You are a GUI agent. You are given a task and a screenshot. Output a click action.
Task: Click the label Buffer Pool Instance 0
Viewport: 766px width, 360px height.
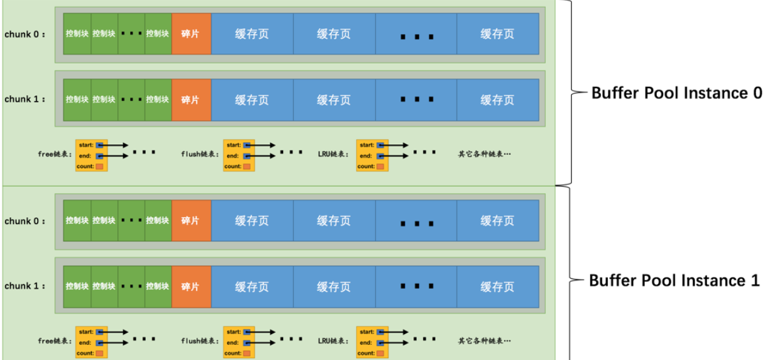(x=677, y=93)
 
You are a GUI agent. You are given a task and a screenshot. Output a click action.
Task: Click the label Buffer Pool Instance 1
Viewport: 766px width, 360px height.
(x=674, y=281)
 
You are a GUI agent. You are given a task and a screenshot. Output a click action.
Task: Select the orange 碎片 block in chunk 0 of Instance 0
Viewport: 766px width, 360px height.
(x=190, y=34)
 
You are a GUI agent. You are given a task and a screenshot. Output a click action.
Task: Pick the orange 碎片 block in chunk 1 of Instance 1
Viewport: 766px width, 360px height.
(x=190, y=286)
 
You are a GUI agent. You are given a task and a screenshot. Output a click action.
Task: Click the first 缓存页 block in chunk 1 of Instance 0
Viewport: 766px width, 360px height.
(x=252, y=100)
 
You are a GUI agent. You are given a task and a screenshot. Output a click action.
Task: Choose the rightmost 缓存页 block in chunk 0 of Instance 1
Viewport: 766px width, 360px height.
(x=497, y=221)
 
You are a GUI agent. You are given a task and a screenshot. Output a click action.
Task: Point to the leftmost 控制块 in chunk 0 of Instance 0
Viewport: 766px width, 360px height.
(x=77, y=34)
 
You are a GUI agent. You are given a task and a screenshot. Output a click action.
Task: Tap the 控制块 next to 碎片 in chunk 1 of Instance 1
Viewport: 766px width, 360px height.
(x=157, y=286)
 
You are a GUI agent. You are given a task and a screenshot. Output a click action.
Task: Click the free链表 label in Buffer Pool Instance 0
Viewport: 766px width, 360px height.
(x=53, y=154)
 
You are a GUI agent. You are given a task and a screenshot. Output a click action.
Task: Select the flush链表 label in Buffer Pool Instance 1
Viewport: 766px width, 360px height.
(x=200, y=341)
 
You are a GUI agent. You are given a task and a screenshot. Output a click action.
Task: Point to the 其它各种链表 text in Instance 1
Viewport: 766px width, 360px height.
(x=484, y=341)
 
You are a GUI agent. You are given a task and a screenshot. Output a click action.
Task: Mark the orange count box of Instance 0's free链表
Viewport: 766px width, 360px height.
(x=99, y=166)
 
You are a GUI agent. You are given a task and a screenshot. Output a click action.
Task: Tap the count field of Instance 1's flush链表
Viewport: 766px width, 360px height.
(x=247, y=353)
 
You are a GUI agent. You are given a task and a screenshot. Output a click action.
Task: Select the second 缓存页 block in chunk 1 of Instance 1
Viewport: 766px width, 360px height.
(x=334, y=286)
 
